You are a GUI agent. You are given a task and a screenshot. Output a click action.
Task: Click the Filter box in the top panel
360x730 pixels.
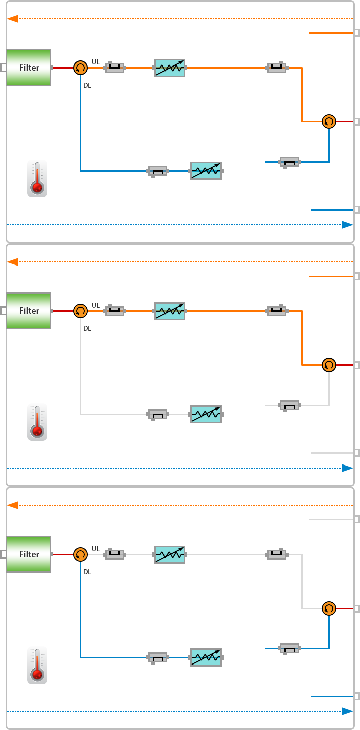29,68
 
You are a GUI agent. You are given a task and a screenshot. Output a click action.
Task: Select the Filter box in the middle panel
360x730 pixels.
29,311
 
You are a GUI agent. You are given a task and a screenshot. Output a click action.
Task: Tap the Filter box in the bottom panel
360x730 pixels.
29,554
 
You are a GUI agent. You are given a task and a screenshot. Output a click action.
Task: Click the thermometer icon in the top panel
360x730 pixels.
37,179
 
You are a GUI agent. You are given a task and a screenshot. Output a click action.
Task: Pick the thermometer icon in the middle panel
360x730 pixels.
37,422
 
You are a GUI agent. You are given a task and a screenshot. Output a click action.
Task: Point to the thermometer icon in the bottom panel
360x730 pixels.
37,666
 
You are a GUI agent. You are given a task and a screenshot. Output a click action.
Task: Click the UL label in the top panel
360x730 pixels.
96,62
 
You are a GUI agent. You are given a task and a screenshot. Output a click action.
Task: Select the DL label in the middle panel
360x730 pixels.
87,328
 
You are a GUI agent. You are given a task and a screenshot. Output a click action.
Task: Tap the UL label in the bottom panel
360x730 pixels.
96,549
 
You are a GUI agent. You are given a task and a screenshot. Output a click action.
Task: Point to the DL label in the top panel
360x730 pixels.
87,85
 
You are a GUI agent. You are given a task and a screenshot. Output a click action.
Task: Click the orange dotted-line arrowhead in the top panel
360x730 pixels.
13,19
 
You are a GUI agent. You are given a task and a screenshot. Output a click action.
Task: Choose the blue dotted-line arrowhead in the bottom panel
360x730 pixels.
347,711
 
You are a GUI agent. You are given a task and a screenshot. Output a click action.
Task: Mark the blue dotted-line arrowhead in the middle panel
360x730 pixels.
347,468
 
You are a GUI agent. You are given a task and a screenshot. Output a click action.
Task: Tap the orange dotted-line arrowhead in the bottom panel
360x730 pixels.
13,505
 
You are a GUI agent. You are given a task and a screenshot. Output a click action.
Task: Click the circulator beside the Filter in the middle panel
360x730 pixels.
80,311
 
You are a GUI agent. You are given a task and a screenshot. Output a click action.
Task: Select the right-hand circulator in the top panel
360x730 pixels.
329,121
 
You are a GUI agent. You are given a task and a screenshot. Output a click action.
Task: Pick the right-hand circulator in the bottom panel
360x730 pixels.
329,608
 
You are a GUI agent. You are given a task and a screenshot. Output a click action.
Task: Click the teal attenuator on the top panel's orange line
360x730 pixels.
170,68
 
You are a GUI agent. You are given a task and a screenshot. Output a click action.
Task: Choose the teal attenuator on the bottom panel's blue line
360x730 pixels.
206,657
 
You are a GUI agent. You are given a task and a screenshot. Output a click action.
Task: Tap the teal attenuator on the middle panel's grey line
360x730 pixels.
206,414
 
